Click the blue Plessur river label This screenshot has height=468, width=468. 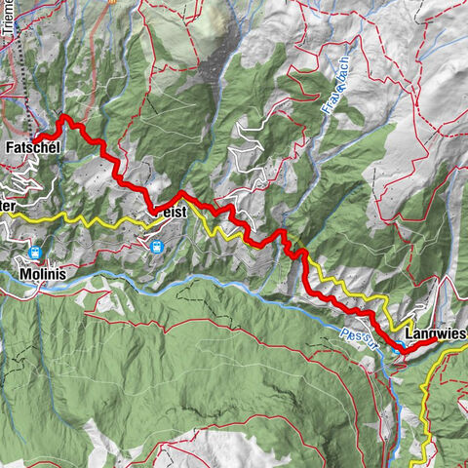click(359, 330)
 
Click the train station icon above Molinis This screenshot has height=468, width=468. click(36, 253)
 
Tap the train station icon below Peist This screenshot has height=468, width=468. click(156, 248)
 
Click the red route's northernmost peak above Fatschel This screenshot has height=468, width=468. click(65, 118)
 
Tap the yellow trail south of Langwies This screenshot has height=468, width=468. click(426, 390)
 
